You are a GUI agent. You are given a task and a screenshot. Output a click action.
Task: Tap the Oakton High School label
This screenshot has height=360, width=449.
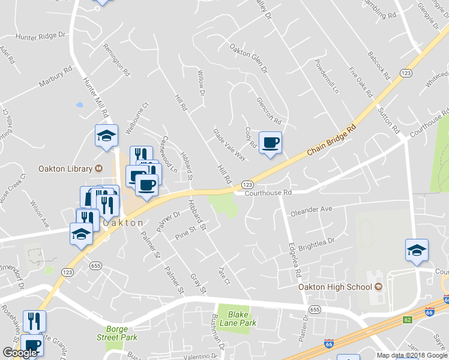click(x=336, y=287)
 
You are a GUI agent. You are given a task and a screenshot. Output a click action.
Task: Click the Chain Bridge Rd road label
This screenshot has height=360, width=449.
click(x=332, y=140)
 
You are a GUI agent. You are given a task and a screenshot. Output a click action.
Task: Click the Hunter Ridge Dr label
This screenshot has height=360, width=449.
click(x=40, y=36)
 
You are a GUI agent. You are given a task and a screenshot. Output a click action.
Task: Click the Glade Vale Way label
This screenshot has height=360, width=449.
click(x=229, y=144)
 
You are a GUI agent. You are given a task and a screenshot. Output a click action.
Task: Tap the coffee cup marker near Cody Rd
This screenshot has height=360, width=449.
click(x=270, y=143)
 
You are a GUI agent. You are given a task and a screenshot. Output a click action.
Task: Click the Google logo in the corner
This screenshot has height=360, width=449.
click(x=19, y=353)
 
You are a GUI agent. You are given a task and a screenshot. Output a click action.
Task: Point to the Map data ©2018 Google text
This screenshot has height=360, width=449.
click(x=412, y=355)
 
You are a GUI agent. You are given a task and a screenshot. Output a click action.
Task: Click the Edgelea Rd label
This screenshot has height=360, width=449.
click(x=294, y=259)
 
